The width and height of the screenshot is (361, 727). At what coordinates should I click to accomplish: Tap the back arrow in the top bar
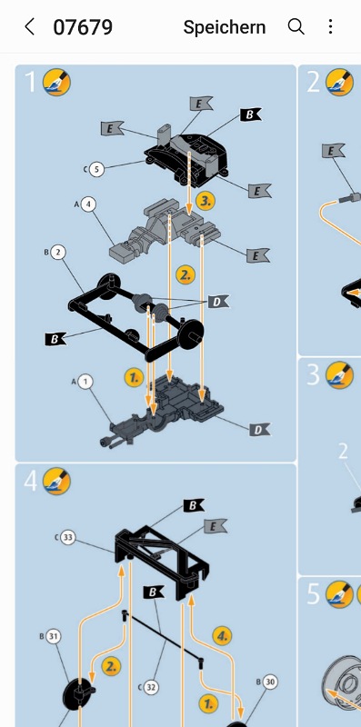coord(30,27)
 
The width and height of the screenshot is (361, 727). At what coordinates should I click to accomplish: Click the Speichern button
coord(224,27)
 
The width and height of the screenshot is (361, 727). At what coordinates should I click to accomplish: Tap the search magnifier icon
coord(296,27)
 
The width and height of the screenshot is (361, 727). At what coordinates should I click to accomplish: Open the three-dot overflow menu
coord(330,26)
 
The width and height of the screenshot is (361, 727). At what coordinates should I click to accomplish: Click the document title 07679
coord(83,27)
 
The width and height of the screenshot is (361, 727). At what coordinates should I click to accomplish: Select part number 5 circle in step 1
coord(96,169)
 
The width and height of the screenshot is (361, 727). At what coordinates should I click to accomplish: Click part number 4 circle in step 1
coord(88,204)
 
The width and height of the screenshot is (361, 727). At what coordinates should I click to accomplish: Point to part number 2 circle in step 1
coord(58,253)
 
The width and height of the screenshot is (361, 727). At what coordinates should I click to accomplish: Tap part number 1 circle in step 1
coord(85,382)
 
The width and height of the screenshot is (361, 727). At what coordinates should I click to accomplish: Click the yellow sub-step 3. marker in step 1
coord(206,201)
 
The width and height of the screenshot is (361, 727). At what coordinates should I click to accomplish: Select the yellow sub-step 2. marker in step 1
coord(186,275)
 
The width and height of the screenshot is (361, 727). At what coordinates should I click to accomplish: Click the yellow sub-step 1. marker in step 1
coord(134,378)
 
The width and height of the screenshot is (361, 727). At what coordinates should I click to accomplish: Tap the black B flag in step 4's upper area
coord(194,505)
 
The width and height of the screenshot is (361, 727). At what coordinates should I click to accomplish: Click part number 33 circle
coord(68,538)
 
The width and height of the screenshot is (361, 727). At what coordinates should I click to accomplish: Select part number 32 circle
coord(151,687)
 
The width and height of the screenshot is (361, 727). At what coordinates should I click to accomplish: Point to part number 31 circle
coord(54,637)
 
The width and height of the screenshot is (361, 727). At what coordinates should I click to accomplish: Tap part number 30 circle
coord(270,682)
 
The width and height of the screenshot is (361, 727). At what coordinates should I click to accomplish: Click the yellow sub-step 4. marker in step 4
coord(222,635)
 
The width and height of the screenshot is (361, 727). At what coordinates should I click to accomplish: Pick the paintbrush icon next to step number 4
coord(56,482)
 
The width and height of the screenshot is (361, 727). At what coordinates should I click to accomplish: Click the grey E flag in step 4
coord(216,526)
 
